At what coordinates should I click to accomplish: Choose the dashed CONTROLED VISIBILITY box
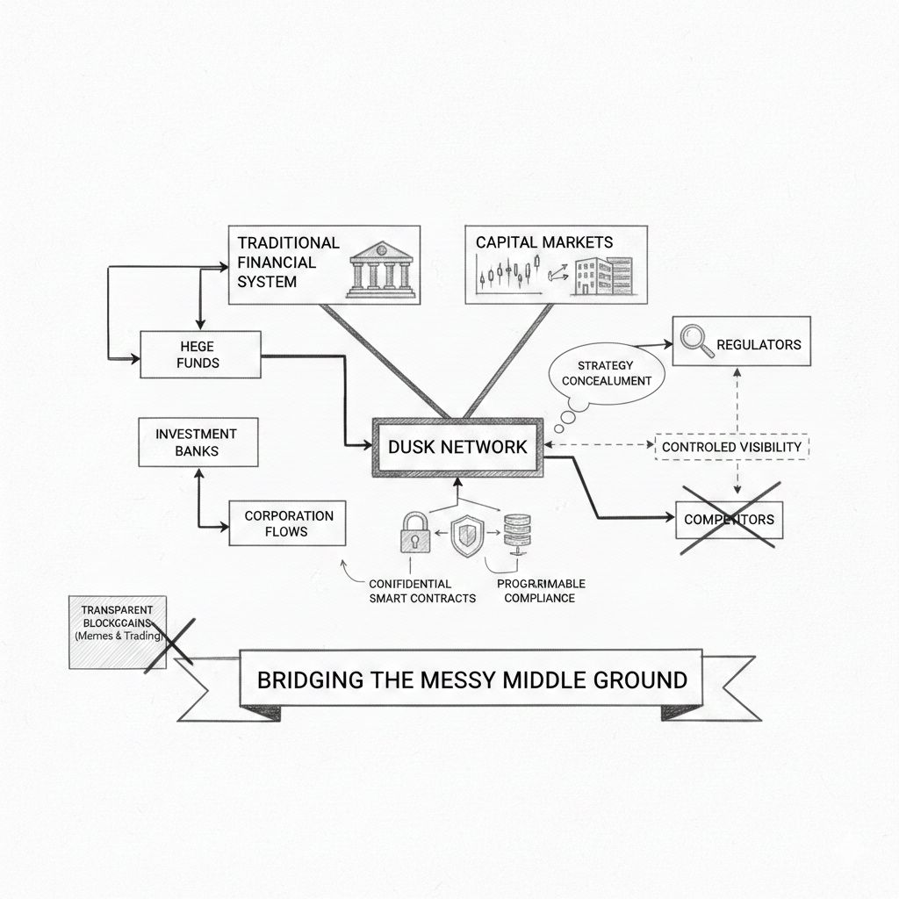(731, 447)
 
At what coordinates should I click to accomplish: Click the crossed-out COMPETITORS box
(728, 519)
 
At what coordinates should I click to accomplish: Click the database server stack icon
(515, 534)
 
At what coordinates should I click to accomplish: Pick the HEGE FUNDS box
(201, 355)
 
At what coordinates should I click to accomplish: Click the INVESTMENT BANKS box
(198, 442)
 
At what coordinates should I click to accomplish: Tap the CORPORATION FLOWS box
(288, 524)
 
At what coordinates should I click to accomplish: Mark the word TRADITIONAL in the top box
(288, 242)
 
